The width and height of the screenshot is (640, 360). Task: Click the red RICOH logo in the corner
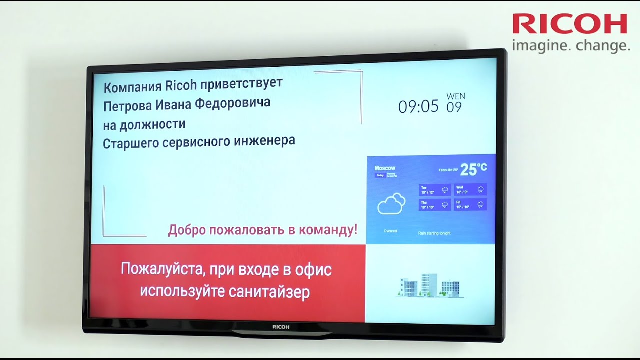point(569,24)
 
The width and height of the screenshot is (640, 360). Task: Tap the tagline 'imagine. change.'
point(571,46)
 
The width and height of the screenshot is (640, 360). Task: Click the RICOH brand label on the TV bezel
point(281,327)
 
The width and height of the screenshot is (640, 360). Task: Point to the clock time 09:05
point(418,106)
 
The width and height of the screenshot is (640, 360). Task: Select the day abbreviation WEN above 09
point(455,96)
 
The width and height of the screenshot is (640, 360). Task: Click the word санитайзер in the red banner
point(269,291)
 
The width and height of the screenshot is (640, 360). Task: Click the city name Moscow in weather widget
point(385,168)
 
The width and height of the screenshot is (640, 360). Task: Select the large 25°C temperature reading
point(473,170)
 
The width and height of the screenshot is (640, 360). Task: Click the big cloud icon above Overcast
point(391,204)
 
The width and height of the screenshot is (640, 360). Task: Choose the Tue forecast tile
point(434,190)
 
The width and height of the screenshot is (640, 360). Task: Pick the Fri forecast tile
point(470,204)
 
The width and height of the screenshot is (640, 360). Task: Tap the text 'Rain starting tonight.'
point(434,233)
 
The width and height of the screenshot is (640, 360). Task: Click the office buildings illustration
point(430,286)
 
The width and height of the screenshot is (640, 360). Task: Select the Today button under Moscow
point(380,175)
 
